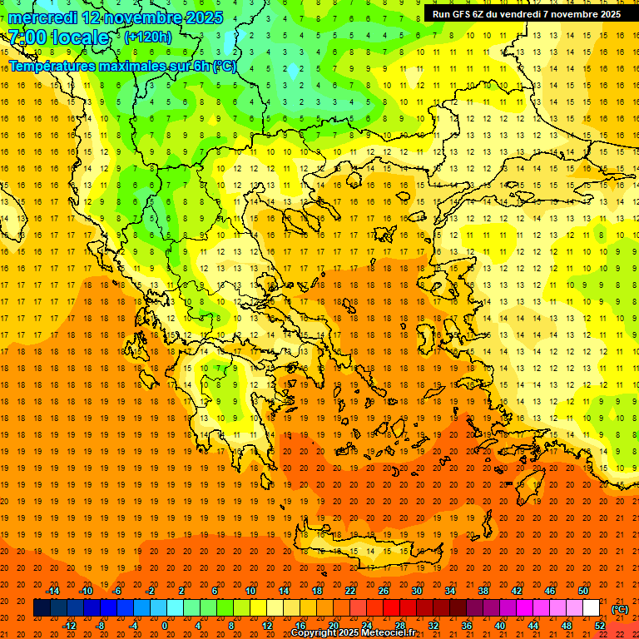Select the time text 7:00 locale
click(58, 37)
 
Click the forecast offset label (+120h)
click(148, 37)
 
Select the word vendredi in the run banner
click(527, 14)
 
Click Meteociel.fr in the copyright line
click(384, 633)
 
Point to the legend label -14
click(52, 591)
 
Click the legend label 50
click(582, 591)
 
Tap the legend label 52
click(600, 625)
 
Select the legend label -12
click(70, 625)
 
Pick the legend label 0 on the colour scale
click(164, 625)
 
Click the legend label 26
click(384, 591)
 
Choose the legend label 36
click(466, 625)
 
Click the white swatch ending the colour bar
click(591, 608)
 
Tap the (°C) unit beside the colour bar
click(620, 609)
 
